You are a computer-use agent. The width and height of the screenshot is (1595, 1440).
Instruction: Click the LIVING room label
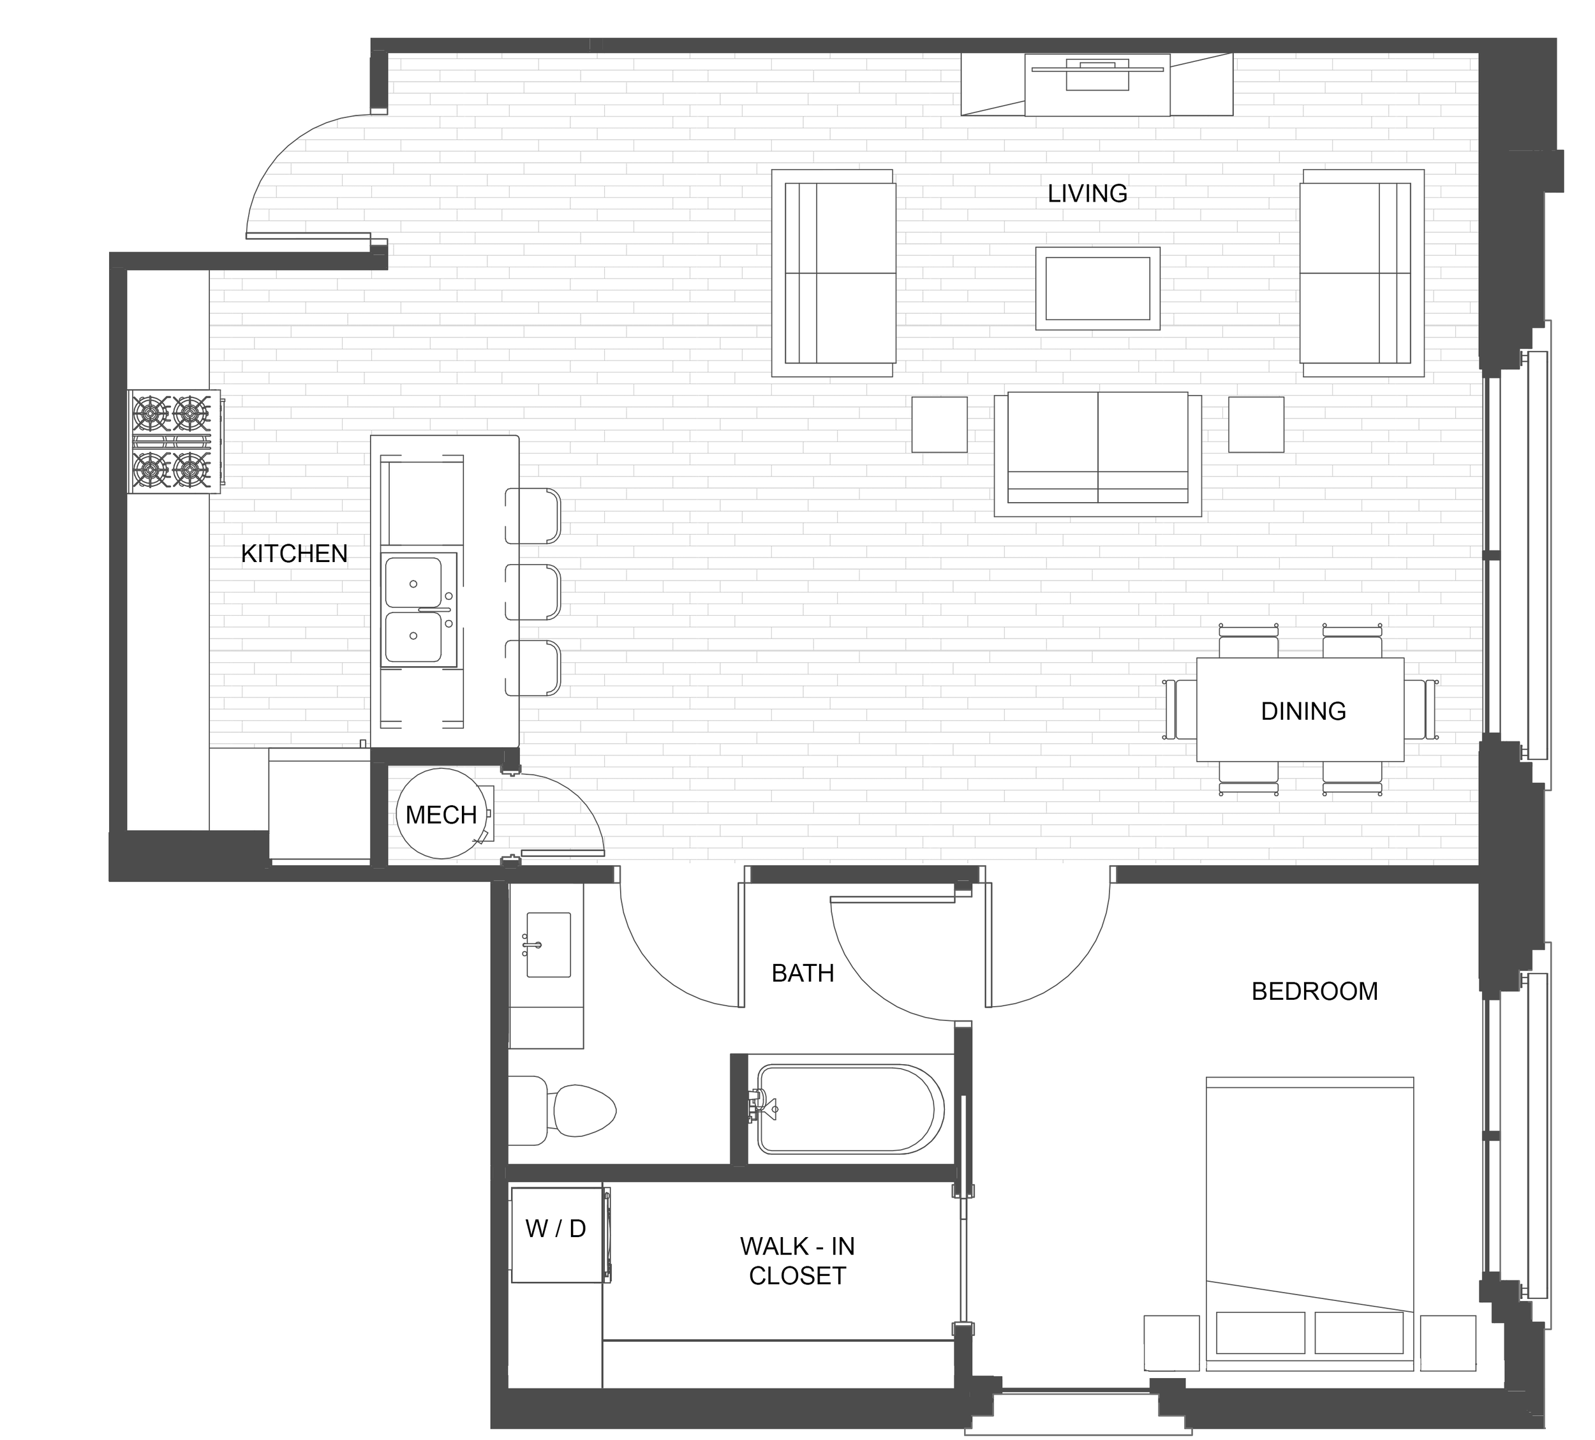(x=1087, y=193)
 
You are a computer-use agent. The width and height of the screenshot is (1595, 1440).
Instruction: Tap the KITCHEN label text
(x=294, y=554)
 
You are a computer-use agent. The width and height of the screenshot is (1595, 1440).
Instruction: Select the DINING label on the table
(x=1303, y=711)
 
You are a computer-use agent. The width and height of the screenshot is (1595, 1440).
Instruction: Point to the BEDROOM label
(x=1314, y=991)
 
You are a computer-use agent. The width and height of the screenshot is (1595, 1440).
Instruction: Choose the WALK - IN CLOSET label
(x=797, y=1260)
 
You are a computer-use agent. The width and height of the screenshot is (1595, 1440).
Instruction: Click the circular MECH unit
(x=441, y=813)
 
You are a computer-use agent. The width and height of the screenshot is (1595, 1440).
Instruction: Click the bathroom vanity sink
(x=546, y=944)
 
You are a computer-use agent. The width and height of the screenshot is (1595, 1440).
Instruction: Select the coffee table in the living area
(x=1097, y=288)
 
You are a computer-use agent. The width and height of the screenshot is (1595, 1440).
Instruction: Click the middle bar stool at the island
(x=533, y=592)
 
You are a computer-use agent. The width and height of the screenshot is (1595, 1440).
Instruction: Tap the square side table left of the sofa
(x=939, y=425)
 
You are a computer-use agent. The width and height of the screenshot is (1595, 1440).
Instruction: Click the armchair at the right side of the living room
(x=1361, y=273)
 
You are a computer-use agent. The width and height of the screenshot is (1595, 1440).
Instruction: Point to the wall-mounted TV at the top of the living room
(x=1097, y=84)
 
